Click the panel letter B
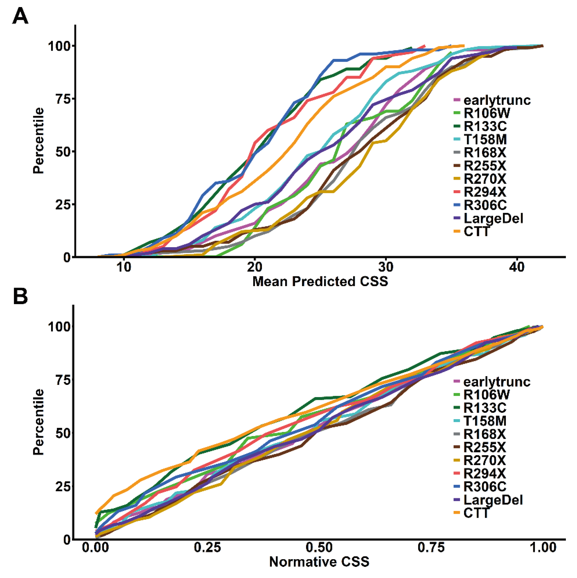click(x=20, y=296)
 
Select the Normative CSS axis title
click(x=319, y=562)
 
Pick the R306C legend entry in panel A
click(x=485, y=205)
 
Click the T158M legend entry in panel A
click(x=485, y=139)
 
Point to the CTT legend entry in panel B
click(x=476, y=513)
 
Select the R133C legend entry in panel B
click(x=485, y=408)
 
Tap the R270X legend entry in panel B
click(x=485, y=460)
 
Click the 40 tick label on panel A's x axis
click(x=517, y=267)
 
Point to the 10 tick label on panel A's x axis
click(x=124, y=267)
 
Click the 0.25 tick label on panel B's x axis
click(x=207, y=547)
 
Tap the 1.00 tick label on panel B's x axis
click(x=543, y=547)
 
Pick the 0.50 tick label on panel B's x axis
click(x=319, y=547)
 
